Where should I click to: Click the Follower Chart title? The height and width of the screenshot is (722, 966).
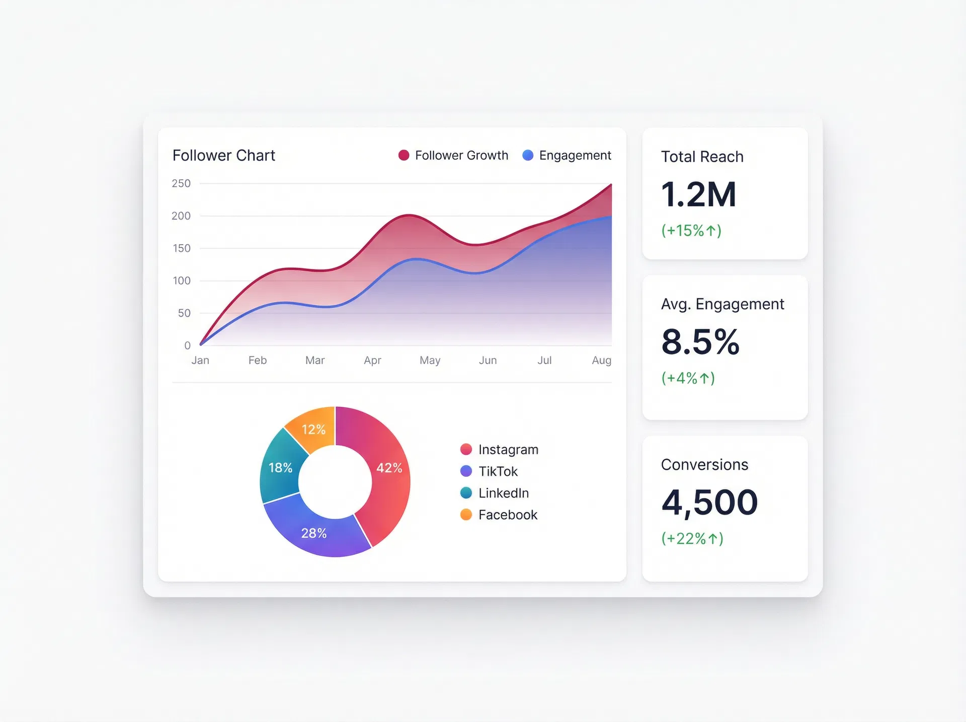point(223,156)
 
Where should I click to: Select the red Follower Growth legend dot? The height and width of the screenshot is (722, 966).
point(404,155)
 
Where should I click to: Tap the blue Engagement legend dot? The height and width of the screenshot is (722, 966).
point(528,155)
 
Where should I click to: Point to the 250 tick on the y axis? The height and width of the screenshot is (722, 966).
point(181,184)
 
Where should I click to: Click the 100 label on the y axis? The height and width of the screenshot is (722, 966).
point(182,281)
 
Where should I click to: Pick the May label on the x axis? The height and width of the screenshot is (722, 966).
point(430,360)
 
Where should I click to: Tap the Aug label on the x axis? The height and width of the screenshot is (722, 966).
point(601,360)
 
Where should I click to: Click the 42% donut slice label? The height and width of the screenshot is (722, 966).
point(389,468)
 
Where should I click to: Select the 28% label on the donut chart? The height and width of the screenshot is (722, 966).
point(314,533)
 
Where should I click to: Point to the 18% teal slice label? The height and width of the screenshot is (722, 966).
point(280,468)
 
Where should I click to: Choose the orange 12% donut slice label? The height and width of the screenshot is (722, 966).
point(313,429)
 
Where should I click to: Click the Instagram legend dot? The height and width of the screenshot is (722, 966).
point(466,449)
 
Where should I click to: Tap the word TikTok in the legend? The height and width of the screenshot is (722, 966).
point(498,471)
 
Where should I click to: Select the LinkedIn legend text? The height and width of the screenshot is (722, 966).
point(504,493)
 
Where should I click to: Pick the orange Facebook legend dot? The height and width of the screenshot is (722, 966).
point(466,515)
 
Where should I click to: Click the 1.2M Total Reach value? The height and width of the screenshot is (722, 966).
point(698,194)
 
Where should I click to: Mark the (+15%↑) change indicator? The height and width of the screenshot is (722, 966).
point(691,231)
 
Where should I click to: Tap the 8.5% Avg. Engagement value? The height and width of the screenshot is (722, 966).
point(700,342)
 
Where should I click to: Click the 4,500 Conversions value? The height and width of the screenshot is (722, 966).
point(709,502)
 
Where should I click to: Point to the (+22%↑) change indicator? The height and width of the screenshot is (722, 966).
point(692,539)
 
